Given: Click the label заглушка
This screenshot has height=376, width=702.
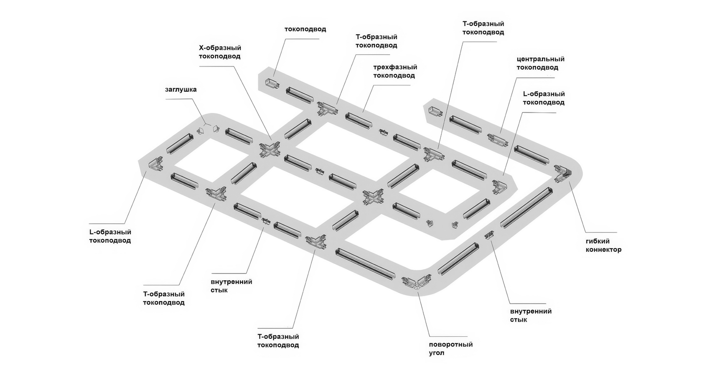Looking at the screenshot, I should coord(181,90).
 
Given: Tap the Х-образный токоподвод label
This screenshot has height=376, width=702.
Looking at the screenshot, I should coord(220,52).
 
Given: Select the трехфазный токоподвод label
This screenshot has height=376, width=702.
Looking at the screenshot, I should coord(394,72).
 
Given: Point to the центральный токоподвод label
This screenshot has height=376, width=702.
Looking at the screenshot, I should coord(540,63).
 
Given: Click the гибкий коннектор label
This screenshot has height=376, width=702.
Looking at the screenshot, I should coord(603,246).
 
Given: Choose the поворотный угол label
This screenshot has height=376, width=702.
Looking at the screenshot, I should coord(450,349).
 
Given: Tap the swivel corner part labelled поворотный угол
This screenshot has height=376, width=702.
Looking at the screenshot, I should coord(416,282).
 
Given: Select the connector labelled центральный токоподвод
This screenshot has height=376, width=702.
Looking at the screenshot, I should coord(497,140).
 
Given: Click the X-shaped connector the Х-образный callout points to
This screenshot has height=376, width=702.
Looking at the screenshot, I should coord(270,149).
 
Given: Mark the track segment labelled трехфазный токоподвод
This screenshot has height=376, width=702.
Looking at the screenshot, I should coord(359,120).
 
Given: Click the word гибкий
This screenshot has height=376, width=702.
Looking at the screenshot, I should coord(598,241).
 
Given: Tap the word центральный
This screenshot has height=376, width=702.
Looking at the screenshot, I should coord(540,59).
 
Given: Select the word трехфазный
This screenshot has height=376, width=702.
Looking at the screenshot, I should coord(395,67).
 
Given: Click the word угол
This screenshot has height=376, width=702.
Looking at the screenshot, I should coord(436,353).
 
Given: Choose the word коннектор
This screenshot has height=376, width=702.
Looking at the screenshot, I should coord(603,250).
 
